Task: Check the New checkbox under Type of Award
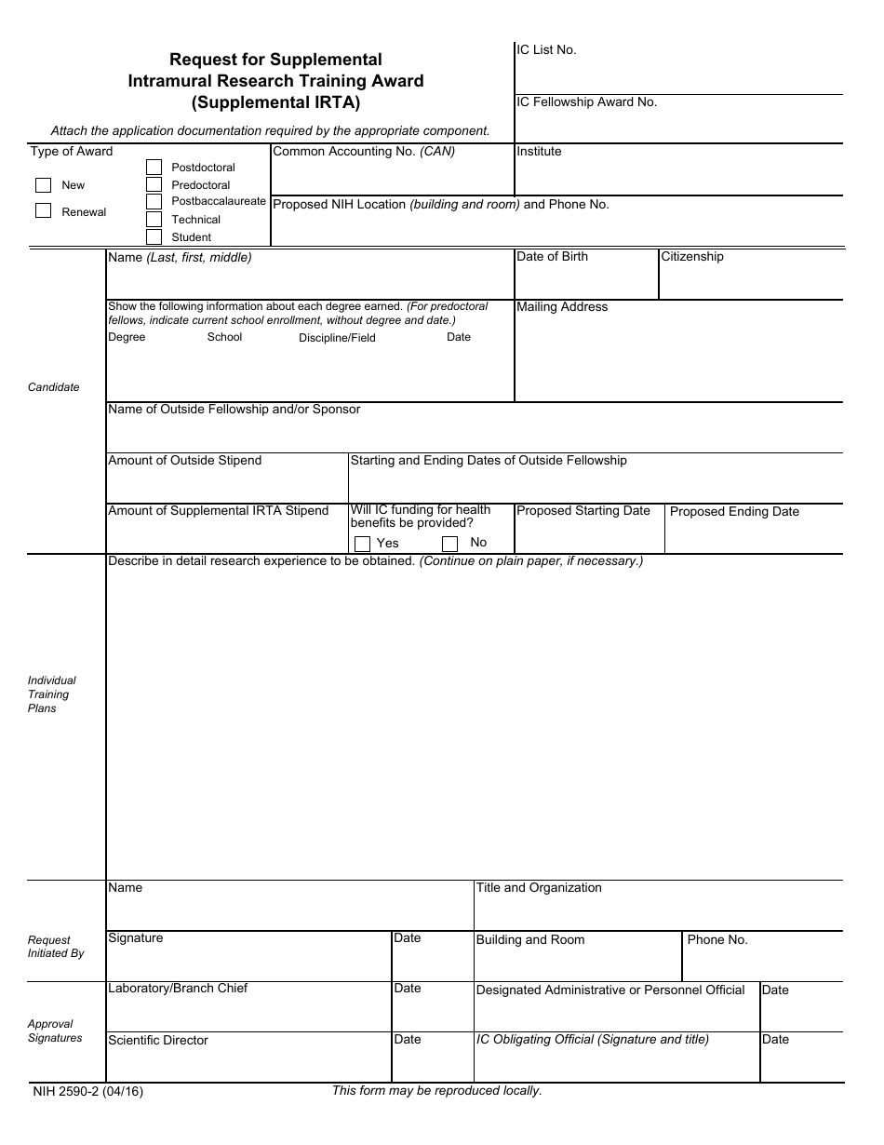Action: (43, 184)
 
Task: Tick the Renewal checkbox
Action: (43, 210)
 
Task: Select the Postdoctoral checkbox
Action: (154, 168)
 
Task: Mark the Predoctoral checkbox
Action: (154, 184)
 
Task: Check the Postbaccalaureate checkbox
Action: (154, 201)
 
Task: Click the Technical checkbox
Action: (154, 219)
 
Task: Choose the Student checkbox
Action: (154, 236)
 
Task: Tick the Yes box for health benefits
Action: (362, 544)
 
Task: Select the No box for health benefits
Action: (449, 544)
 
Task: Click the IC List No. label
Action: (546, 50)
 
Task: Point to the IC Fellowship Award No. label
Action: (586, 102)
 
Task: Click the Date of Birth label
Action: (552, 257)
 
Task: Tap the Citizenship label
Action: (691, 257)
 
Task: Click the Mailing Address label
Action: (562, 307)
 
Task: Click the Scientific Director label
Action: (158, 1041)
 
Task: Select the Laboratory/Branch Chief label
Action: (178, 989)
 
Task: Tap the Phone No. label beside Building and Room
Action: (717, 940)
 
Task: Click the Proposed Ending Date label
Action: (734, 512)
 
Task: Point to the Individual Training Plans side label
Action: (51, 694)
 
